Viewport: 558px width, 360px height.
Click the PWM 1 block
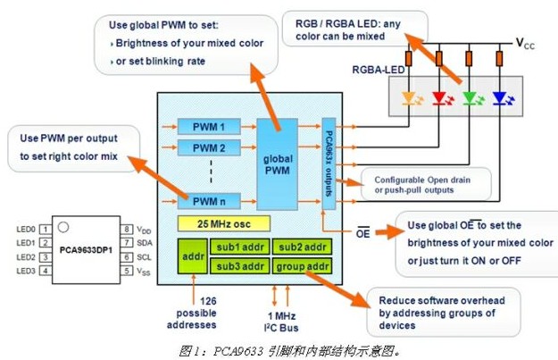204,127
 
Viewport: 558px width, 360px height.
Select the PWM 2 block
204,147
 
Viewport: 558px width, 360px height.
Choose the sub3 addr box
235,264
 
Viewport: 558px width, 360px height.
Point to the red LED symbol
438,96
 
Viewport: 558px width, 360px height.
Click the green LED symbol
468,96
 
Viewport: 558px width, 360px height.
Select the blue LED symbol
498,96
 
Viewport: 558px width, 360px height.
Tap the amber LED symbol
410,96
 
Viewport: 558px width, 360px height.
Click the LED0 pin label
25,230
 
